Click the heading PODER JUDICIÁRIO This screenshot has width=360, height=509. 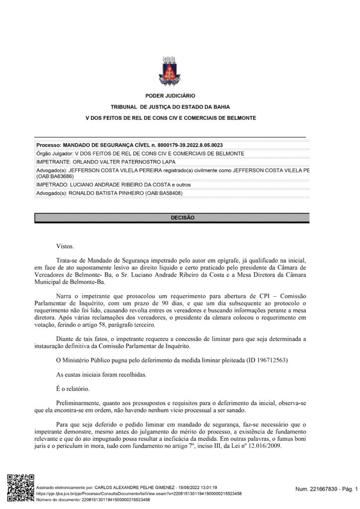pyautogui.click(x=170, y=95)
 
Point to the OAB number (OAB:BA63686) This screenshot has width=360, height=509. pyautogui.click(x=55, y=176)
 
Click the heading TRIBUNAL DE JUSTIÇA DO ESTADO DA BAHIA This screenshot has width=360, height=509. pyautogui.click(x=170, y=107)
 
